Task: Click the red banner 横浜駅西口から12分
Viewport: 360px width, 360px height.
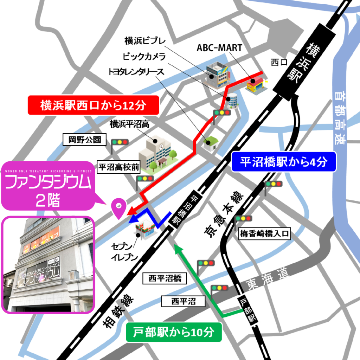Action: click(x=93, y=105)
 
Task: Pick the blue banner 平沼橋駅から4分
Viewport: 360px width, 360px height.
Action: click(x=284, y=162)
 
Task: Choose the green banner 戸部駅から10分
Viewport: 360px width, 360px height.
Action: click(x=174, y=332)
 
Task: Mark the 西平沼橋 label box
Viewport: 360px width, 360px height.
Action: click(x=165, y=279)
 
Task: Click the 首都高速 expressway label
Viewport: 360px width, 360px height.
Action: click(x=340, y=117)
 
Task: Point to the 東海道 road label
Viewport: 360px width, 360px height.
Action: click(x=267, y=278)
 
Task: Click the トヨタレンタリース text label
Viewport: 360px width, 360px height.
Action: click(x=136, y=72)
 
